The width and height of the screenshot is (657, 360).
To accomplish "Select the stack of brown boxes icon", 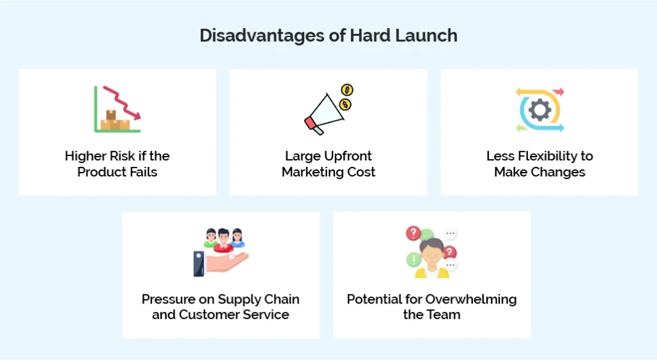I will (x=114, y=120).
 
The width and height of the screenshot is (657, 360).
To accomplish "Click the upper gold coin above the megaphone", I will (x=347, y=90).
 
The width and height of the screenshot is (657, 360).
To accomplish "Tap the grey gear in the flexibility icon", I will (x=540, y=110).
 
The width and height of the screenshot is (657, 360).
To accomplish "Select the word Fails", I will (x=142, y=172).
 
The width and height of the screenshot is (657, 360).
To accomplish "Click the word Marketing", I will (x=311, y=172).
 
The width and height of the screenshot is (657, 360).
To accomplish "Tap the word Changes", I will (x=561, y=172).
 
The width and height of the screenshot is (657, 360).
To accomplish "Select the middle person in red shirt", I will (x=223, y=239).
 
